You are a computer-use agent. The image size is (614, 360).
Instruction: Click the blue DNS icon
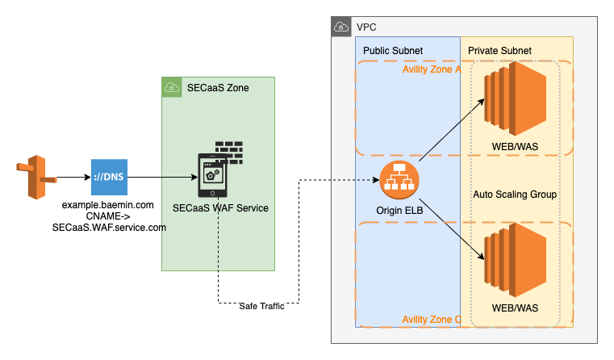pyautogui.click(x=109, y=177)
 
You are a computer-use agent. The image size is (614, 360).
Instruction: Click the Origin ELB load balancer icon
pyautogui.click(x=398, y=181)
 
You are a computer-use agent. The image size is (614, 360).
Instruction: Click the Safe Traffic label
pyautogui.click(x=261, y=306)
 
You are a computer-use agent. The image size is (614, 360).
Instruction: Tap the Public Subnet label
pyautogui.click(x=393, y=51)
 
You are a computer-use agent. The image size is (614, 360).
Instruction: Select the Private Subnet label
pyautogui.click(x=499, y=51)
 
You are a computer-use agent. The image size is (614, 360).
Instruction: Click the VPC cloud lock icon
pyautogui.click(x=342, y=27)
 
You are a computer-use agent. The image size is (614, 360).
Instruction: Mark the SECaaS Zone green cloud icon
pyautogui.click(x=171, y=86)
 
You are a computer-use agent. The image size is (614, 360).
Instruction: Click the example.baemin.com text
pyautogui.click(x=108, y=207)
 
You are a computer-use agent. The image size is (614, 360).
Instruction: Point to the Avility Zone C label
pyautogui.click(x=432, y=320)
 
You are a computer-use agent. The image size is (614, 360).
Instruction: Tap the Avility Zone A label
pyautogui.click(x=431, y=69)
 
